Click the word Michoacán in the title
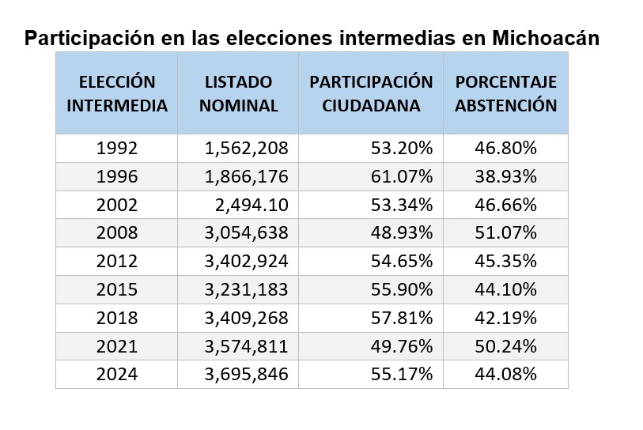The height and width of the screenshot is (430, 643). coord(545,37)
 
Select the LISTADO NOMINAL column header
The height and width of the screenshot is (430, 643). coord(238,93)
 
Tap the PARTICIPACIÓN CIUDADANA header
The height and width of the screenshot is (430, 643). coord(371,93)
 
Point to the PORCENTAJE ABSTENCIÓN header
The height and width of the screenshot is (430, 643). coord(505,93)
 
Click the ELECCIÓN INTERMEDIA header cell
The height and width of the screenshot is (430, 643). coord(117,93)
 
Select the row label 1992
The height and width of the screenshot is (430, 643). coord(117,148)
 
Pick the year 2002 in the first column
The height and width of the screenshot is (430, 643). coord(117,205)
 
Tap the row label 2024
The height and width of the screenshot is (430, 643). coord(117,375)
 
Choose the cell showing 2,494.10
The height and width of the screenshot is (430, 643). coord(252,205)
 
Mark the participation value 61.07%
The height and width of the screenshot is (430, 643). coord(402,176)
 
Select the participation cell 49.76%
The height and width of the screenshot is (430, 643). coord(402,346)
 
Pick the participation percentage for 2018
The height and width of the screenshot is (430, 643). coord(402,318)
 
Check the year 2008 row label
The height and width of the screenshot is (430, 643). coord(117,233)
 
